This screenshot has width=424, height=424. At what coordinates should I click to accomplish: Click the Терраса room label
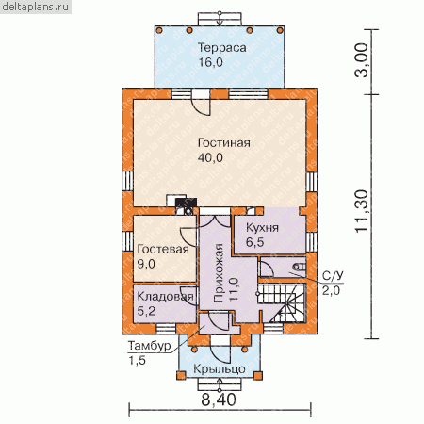point(221,48)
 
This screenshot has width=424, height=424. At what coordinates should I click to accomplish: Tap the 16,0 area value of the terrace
point(210,62)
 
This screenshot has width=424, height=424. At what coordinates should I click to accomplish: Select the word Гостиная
point(224,143)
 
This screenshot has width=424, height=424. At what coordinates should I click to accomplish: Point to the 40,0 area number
point(210,157)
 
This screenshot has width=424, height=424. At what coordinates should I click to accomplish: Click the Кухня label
point(262,228)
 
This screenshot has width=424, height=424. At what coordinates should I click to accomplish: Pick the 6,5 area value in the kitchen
point(254,242)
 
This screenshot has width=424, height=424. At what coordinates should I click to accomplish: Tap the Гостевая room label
point(163,250)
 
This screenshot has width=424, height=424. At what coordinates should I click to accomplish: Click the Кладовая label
point(165,297)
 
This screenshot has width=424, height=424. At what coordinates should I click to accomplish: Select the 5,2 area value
point(146,311)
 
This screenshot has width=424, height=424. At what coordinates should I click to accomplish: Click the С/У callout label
point(333,276)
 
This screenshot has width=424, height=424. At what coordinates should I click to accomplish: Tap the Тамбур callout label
point(149,346)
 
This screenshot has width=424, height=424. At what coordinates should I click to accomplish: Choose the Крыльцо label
point(220,368)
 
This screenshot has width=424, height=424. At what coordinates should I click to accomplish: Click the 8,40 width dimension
point(219,400)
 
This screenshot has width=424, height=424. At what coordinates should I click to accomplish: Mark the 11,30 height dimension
point(362,211)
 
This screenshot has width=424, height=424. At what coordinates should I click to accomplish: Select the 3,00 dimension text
point(362,60)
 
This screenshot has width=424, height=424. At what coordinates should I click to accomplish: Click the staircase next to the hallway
point(282,303)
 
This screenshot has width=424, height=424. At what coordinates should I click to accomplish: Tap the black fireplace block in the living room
point(187,203)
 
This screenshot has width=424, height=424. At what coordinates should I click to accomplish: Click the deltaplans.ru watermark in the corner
point(35,7)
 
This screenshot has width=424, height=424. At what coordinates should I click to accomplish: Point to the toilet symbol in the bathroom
point(300,267)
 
